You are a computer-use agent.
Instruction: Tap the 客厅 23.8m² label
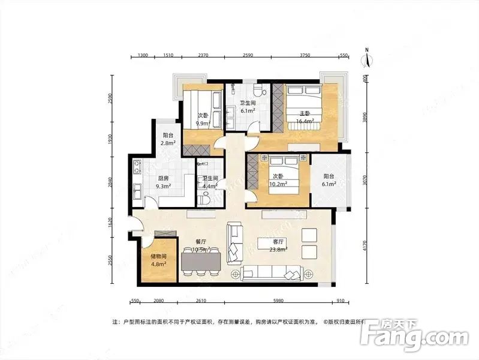point(272,246)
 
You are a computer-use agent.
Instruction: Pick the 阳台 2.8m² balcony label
point(168,139)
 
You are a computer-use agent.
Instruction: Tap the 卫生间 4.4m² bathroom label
point(210,182)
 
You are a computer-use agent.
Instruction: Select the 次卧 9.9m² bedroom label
point(203,119)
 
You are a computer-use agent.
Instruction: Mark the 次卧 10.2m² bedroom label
point(278,180)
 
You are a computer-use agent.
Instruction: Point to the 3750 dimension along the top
point(305,55)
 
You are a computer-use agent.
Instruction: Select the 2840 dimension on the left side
point(110,182)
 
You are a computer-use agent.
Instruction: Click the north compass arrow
point(366,58)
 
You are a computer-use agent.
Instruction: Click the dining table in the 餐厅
point(200,259)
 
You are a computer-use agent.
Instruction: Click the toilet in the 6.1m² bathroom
point(258,91)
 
